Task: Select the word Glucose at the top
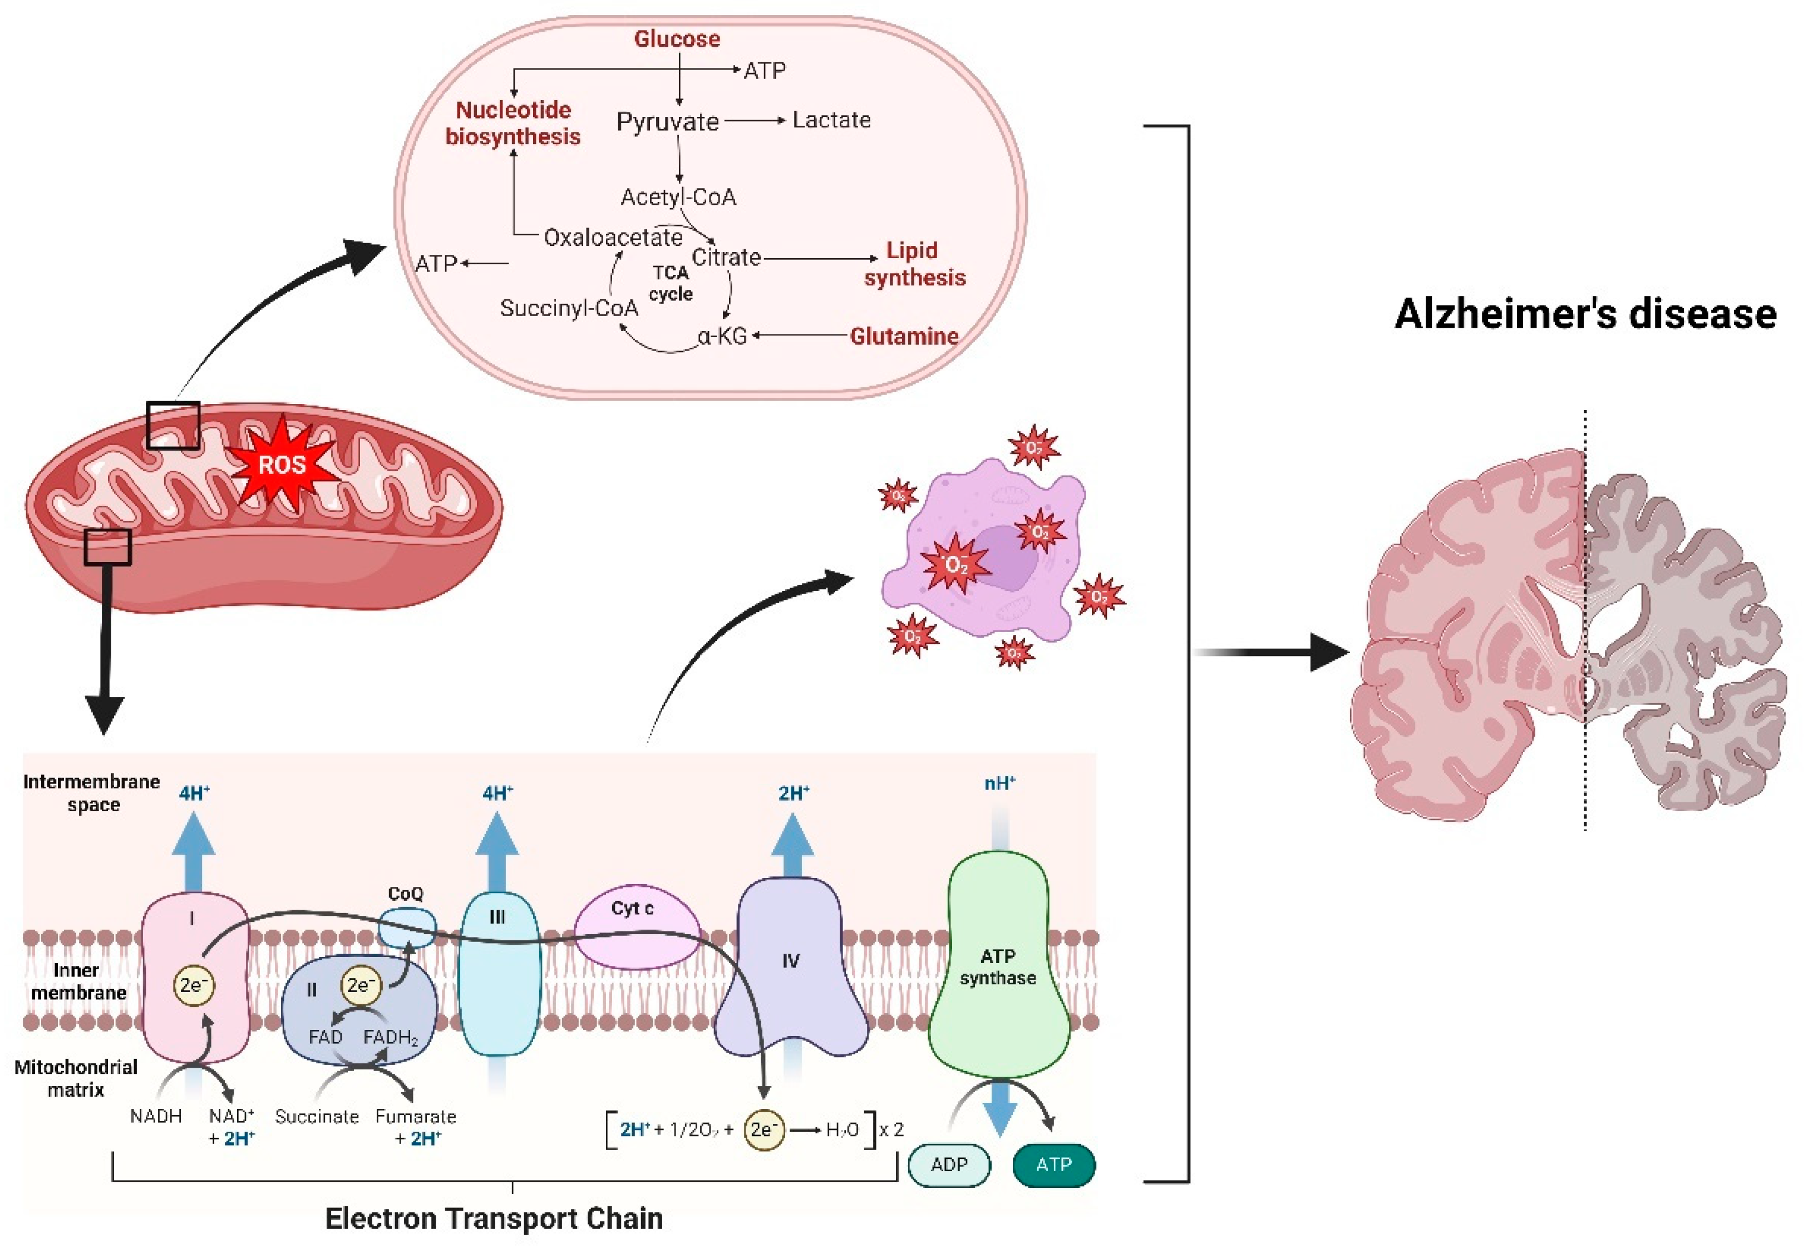677,39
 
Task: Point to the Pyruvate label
667,122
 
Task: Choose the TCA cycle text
671,283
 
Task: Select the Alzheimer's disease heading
1585,314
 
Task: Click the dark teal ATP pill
1053,1165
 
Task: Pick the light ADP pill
949,1165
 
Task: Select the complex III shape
498,974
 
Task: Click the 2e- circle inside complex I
193,985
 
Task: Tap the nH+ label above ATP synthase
999,783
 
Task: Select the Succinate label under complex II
317,1117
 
